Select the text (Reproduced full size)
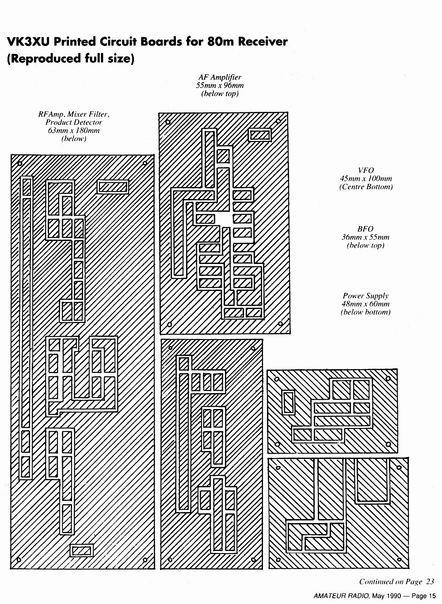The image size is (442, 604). click(70, 58)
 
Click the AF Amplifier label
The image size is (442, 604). click(220, 77)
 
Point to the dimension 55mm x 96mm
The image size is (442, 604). click(220, 85)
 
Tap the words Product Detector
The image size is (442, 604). click(73, 122)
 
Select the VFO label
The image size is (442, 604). click(366, 170)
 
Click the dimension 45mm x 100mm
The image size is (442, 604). click(366, 179)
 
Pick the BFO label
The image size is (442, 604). click(366, 229)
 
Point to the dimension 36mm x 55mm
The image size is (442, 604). click(366, 237)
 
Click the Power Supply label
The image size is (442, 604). click(366, 296)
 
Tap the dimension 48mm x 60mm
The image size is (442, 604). click(366, 304)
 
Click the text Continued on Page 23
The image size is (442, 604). click(396, 581)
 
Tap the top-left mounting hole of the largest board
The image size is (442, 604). click(19, 164)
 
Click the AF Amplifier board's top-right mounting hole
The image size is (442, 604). click(278, 121)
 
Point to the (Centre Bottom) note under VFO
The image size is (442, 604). click(366, 187)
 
